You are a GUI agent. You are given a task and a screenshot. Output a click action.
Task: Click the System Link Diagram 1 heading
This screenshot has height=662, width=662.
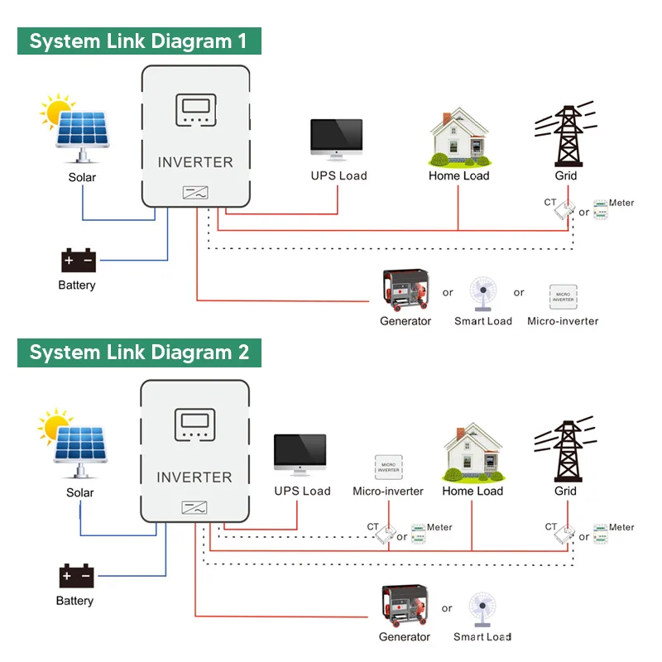click(139, 41)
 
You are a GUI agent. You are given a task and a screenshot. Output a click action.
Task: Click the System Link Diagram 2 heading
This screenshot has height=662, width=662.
click(139, 352)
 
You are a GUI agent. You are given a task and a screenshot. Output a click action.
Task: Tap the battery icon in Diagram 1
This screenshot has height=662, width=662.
click(79, 261)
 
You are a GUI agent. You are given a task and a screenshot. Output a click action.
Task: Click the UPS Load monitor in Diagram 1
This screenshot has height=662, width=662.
click(337, 139)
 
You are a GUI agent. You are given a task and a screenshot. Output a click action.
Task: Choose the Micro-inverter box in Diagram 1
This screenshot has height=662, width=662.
click(563, 296)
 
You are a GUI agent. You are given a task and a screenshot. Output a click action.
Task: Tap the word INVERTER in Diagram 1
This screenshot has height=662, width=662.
click(195, 162)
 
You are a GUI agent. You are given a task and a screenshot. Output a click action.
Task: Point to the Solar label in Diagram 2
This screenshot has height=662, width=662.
click(80, 492)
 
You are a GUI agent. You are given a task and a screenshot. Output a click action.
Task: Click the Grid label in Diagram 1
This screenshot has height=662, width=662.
click(566, 175)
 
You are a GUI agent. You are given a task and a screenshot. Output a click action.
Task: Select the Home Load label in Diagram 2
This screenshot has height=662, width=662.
click(473, 491)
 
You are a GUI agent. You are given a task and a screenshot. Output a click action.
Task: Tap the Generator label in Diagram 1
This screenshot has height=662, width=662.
click(405, 321)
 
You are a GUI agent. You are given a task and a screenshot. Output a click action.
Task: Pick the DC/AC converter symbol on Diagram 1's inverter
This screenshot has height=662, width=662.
click(195, 193)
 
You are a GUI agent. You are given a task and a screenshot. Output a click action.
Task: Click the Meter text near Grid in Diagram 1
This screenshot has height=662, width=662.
click(621, 203)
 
